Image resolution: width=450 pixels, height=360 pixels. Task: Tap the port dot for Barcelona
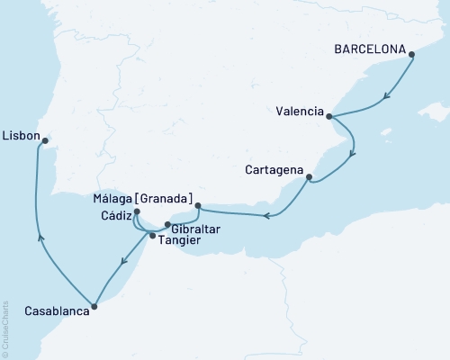tap(412, 55)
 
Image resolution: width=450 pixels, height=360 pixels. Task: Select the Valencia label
tap(300, 112)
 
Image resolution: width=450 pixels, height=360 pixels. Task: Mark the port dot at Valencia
tap(329, 116)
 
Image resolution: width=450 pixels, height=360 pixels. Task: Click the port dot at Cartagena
tap(309, 176)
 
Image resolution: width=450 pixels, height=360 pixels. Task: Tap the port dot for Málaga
tap(198, 205)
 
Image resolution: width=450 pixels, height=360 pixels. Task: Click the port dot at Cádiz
tap(136, 212)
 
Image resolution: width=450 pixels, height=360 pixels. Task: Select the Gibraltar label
tap(195, 229)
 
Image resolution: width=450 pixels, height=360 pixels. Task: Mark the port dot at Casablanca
tap(95, 306)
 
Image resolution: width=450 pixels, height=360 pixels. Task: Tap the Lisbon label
tap(21, 136)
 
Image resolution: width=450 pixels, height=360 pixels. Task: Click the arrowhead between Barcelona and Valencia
tap(386, 96)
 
